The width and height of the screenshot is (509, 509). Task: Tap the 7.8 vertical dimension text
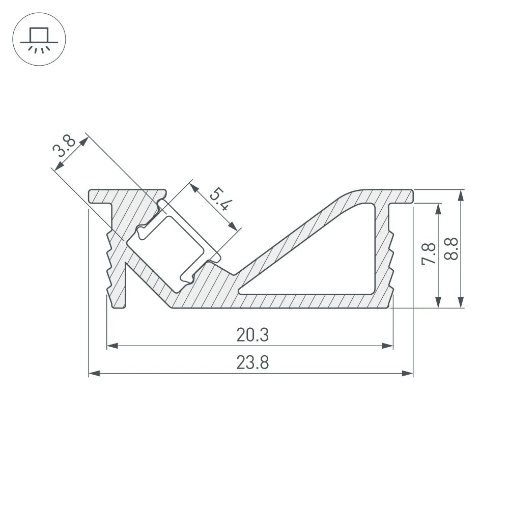[x=429, y=253]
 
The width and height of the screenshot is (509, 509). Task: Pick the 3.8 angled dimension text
[x=66, y=146]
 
